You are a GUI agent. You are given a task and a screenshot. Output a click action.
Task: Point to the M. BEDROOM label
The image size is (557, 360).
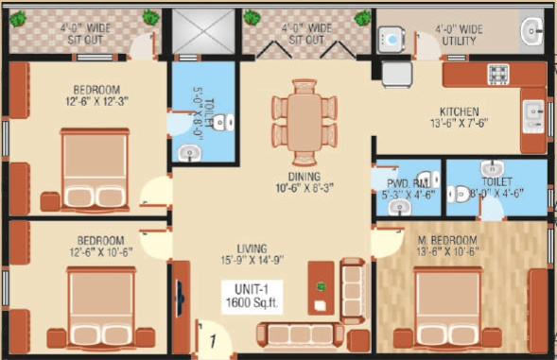(446, 239)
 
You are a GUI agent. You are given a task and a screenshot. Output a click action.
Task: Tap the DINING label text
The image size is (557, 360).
(305, 176)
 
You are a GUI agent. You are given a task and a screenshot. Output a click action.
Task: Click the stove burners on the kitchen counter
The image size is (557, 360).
(497, 74)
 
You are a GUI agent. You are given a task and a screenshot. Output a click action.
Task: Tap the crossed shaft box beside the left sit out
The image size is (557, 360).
(200, 32)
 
